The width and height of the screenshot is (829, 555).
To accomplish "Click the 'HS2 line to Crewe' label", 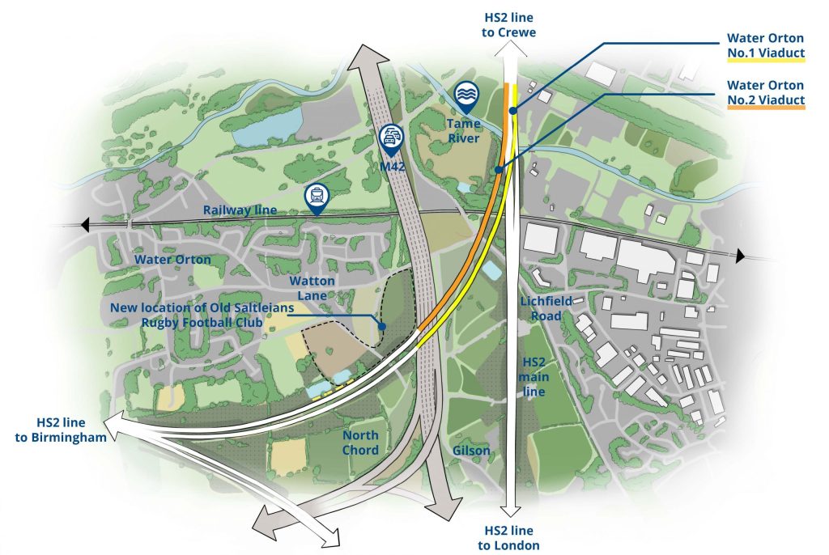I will point(510,24).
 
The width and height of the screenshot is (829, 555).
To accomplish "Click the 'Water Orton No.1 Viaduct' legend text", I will point(765,46).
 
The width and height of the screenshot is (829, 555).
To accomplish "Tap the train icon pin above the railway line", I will point(316,197).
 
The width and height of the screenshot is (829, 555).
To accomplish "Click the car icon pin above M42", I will point(390,138).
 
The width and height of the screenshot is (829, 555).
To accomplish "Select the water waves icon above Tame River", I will point(466,95).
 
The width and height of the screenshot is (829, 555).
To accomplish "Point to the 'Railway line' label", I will point(240,210).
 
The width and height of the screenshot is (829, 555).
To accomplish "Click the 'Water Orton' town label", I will point(172,260).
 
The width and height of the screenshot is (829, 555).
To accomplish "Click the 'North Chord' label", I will point(359,443).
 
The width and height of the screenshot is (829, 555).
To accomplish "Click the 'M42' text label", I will point(391,167).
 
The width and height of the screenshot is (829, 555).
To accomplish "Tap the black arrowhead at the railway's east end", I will point(740,256).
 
